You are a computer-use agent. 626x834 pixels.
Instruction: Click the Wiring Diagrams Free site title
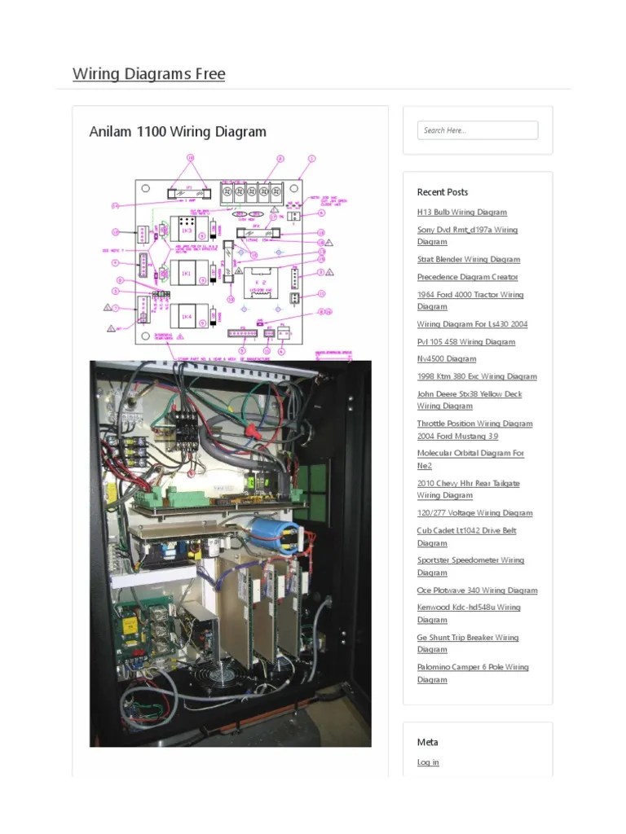[148, 74]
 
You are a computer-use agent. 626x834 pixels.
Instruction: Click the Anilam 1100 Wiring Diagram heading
[178, 132]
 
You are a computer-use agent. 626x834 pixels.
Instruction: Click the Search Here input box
[478, 130]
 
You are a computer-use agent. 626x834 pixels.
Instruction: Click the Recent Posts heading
[443, 192]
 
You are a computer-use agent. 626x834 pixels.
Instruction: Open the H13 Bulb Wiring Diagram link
[461, 213]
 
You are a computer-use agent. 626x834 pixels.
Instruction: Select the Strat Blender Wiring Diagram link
[468, 260]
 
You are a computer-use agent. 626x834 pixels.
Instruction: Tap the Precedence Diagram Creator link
[467, 278]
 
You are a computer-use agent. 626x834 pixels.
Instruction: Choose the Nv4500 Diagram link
[446, 359]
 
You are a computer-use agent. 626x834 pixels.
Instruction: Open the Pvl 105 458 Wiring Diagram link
[465, 342]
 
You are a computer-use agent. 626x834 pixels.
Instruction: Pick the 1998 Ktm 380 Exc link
[477, 377]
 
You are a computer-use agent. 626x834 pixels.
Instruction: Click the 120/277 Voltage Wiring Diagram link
[474, 513]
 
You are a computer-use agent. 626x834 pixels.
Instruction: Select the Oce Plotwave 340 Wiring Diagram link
[477, 590]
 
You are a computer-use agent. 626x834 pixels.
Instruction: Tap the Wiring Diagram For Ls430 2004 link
[472, 324]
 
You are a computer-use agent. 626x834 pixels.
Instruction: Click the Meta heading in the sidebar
[427, 742]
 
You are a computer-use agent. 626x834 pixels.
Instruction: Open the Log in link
[428, 762]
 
